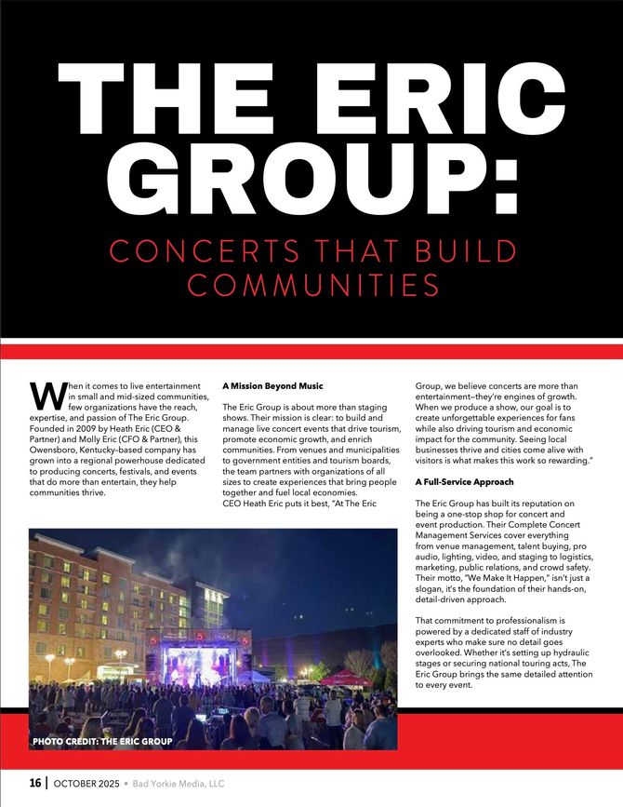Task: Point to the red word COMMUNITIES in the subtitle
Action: pos(311,285)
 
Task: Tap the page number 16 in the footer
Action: pos(34,784)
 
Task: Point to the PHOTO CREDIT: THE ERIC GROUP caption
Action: pos(102,742)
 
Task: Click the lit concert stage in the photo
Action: pos(198,662)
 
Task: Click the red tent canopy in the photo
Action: pos(345,677)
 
